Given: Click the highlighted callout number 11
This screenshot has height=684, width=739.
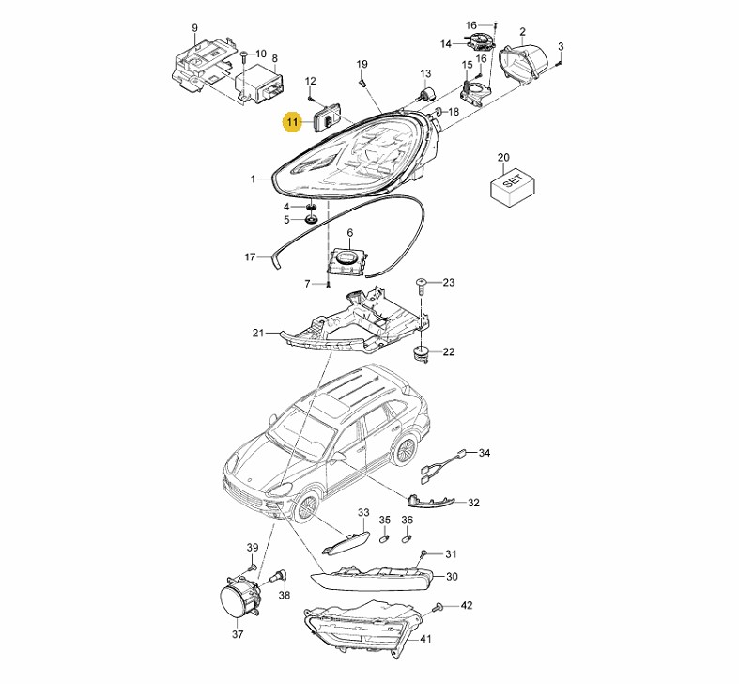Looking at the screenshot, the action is [292, 123].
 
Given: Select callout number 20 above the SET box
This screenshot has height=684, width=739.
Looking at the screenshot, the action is [503, 157].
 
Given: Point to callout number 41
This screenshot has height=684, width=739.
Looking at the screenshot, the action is [425, 639].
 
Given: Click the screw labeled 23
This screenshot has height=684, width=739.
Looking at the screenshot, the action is [421, 286].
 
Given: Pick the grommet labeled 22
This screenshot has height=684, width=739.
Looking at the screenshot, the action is [420, 353].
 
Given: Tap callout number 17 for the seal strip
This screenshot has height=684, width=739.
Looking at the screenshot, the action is [250, 257].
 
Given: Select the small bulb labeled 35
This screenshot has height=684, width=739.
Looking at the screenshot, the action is [385, 537].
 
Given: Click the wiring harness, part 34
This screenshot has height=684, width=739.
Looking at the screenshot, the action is [442, 467].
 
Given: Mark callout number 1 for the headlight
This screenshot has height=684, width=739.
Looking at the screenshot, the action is [254, 179].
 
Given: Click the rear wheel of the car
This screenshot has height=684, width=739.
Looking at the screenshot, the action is [405, 451].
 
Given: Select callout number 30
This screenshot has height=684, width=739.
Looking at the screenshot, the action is [452, 577].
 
